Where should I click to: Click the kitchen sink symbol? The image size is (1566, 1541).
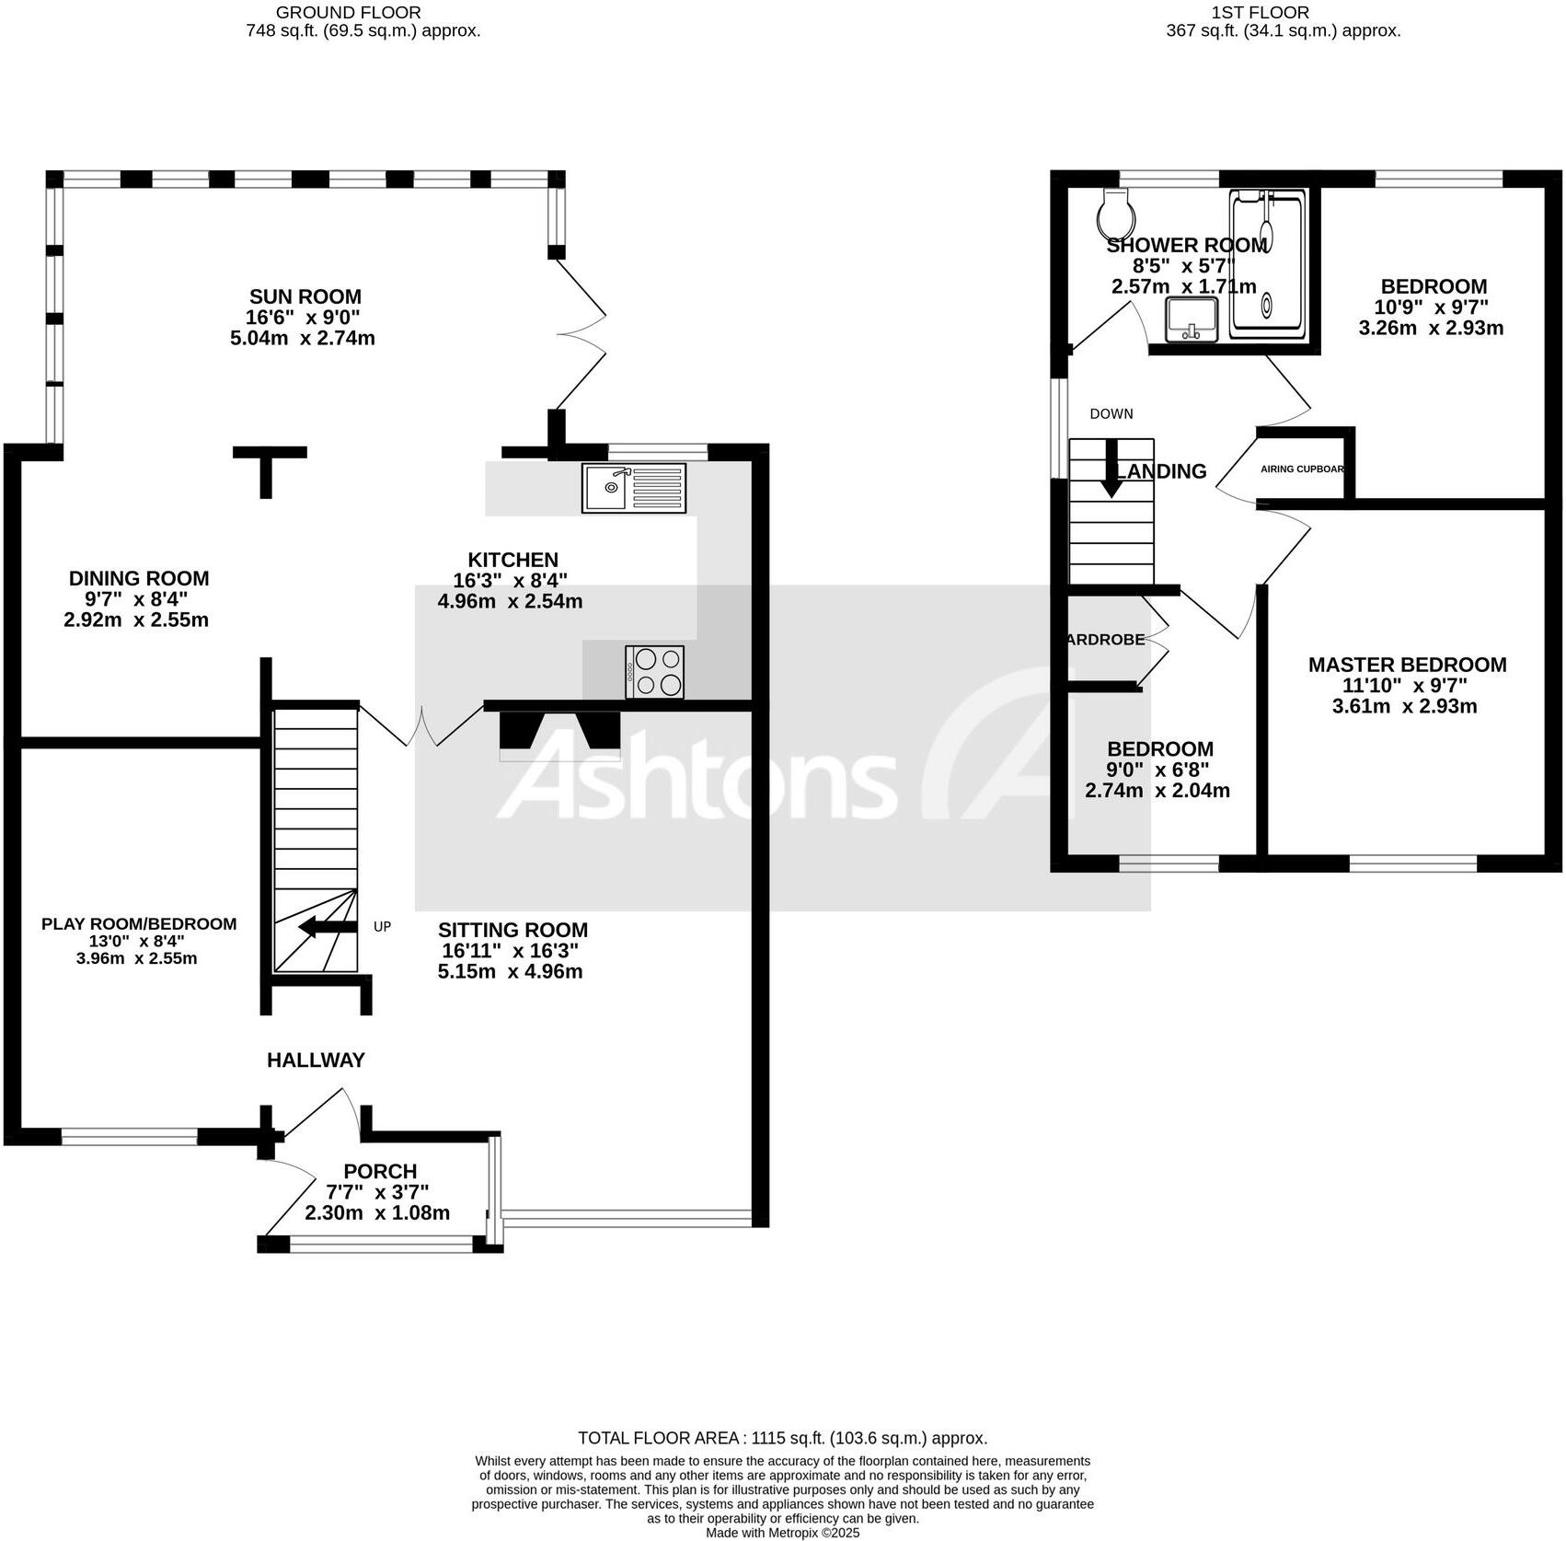pyautogui.click(x=633, y=488)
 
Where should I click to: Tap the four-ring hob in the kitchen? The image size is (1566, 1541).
pyautogui.click(x=654, y=671)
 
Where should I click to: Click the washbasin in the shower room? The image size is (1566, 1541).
pyautogui.click(x=1191, y=319)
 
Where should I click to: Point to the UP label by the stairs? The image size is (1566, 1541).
pyautogui.click(x=382, y=926)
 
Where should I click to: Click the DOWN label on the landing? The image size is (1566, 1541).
pyautogui.click(x=1111, y=413)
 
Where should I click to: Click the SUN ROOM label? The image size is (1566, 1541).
pyautogui.click(x=305, y=296)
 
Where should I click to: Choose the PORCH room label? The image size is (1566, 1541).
pyautogui.click(x=380, y=1171)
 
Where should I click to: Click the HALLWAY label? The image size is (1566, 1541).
pyautogui.click(x=316, y=1060)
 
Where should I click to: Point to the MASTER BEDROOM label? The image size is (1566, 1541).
pyautogui.click(x=1407, y=665)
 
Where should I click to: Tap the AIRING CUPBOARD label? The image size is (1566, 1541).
pyautogui.click(x=1302, y=469)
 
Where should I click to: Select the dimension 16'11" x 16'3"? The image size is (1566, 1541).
pyautogui.click(x=510, y=951)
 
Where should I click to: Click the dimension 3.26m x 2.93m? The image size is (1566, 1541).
pyautogui.click(x=1431, y=328)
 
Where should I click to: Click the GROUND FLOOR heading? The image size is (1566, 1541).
pyautogui.click(x=348, y=13)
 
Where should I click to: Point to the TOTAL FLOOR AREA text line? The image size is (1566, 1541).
pyautogui.click(x=782, y=1438)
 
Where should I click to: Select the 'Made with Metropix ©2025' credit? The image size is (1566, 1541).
pyautogui.click(x=782, y=1533)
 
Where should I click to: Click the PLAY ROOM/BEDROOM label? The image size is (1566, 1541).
pyautogui.click(x=139, y=923)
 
